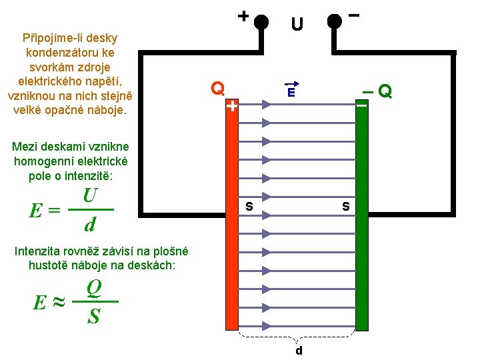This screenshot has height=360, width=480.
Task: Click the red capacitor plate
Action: pos(231,220)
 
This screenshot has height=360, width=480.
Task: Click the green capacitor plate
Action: pos(361,220)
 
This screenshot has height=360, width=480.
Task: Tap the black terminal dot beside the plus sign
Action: pos(261,21)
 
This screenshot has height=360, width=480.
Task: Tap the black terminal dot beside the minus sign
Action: pos(335,21)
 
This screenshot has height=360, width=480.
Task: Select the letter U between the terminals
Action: pos(297,25)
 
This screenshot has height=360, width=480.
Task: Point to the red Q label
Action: pos(217,88)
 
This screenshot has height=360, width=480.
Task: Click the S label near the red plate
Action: pos(249,207)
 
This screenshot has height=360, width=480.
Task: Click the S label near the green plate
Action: pos(345,207)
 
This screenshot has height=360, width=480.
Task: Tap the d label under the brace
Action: pos(299,351)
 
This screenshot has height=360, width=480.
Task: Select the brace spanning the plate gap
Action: pos(298,337)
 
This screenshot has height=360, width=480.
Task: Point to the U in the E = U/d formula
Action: pos(91,196)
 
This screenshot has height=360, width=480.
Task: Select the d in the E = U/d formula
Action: pos(90,225)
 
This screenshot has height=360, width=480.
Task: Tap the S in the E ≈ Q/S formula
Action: pos(94,316)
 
